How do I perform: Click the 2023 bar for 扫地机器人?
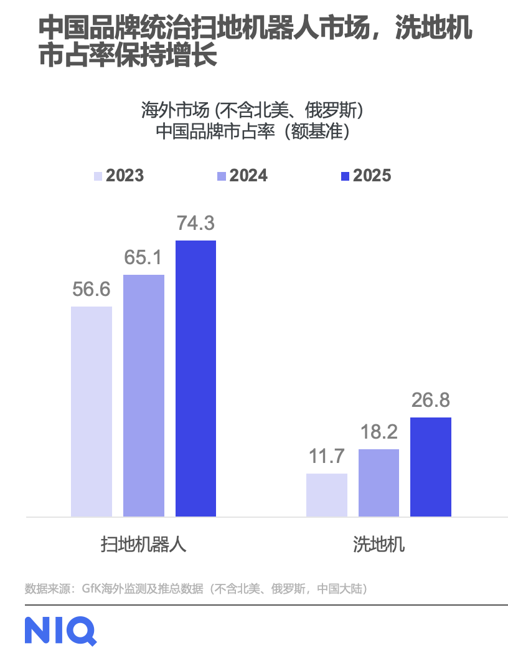click(92, 411)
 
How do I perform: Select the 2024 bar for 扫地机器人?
click(144, 395)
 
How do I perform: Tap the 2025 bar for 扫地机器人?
click(195, 378)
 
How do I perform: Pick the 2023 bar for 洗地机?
click(327, 495)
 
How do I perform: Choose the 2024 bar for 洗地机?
click(379, 483)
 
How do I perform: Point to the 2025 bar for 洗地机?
click(431, 467)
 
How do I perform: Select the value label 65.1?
click(144, 257)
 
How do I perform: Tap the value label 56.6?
click(92, 290)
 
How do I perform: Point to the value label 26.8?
click(431, 400)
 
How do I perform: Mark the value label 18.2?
click(379, 432)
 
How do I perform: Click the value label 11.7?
click(327, 456)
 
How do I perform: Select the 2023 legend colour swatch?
click(98, 176)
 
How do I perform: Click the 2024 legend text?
click(248, 176)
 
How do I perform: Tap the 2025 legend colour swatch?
click(346, 176)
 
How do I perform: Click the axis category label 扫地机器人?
click(143, 544)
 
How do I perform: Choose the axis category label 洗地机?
click(379, 544)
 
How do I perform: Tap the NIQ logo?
click(60, 630)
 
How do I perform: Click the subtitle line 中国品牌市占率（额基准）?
click(252, 132)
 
